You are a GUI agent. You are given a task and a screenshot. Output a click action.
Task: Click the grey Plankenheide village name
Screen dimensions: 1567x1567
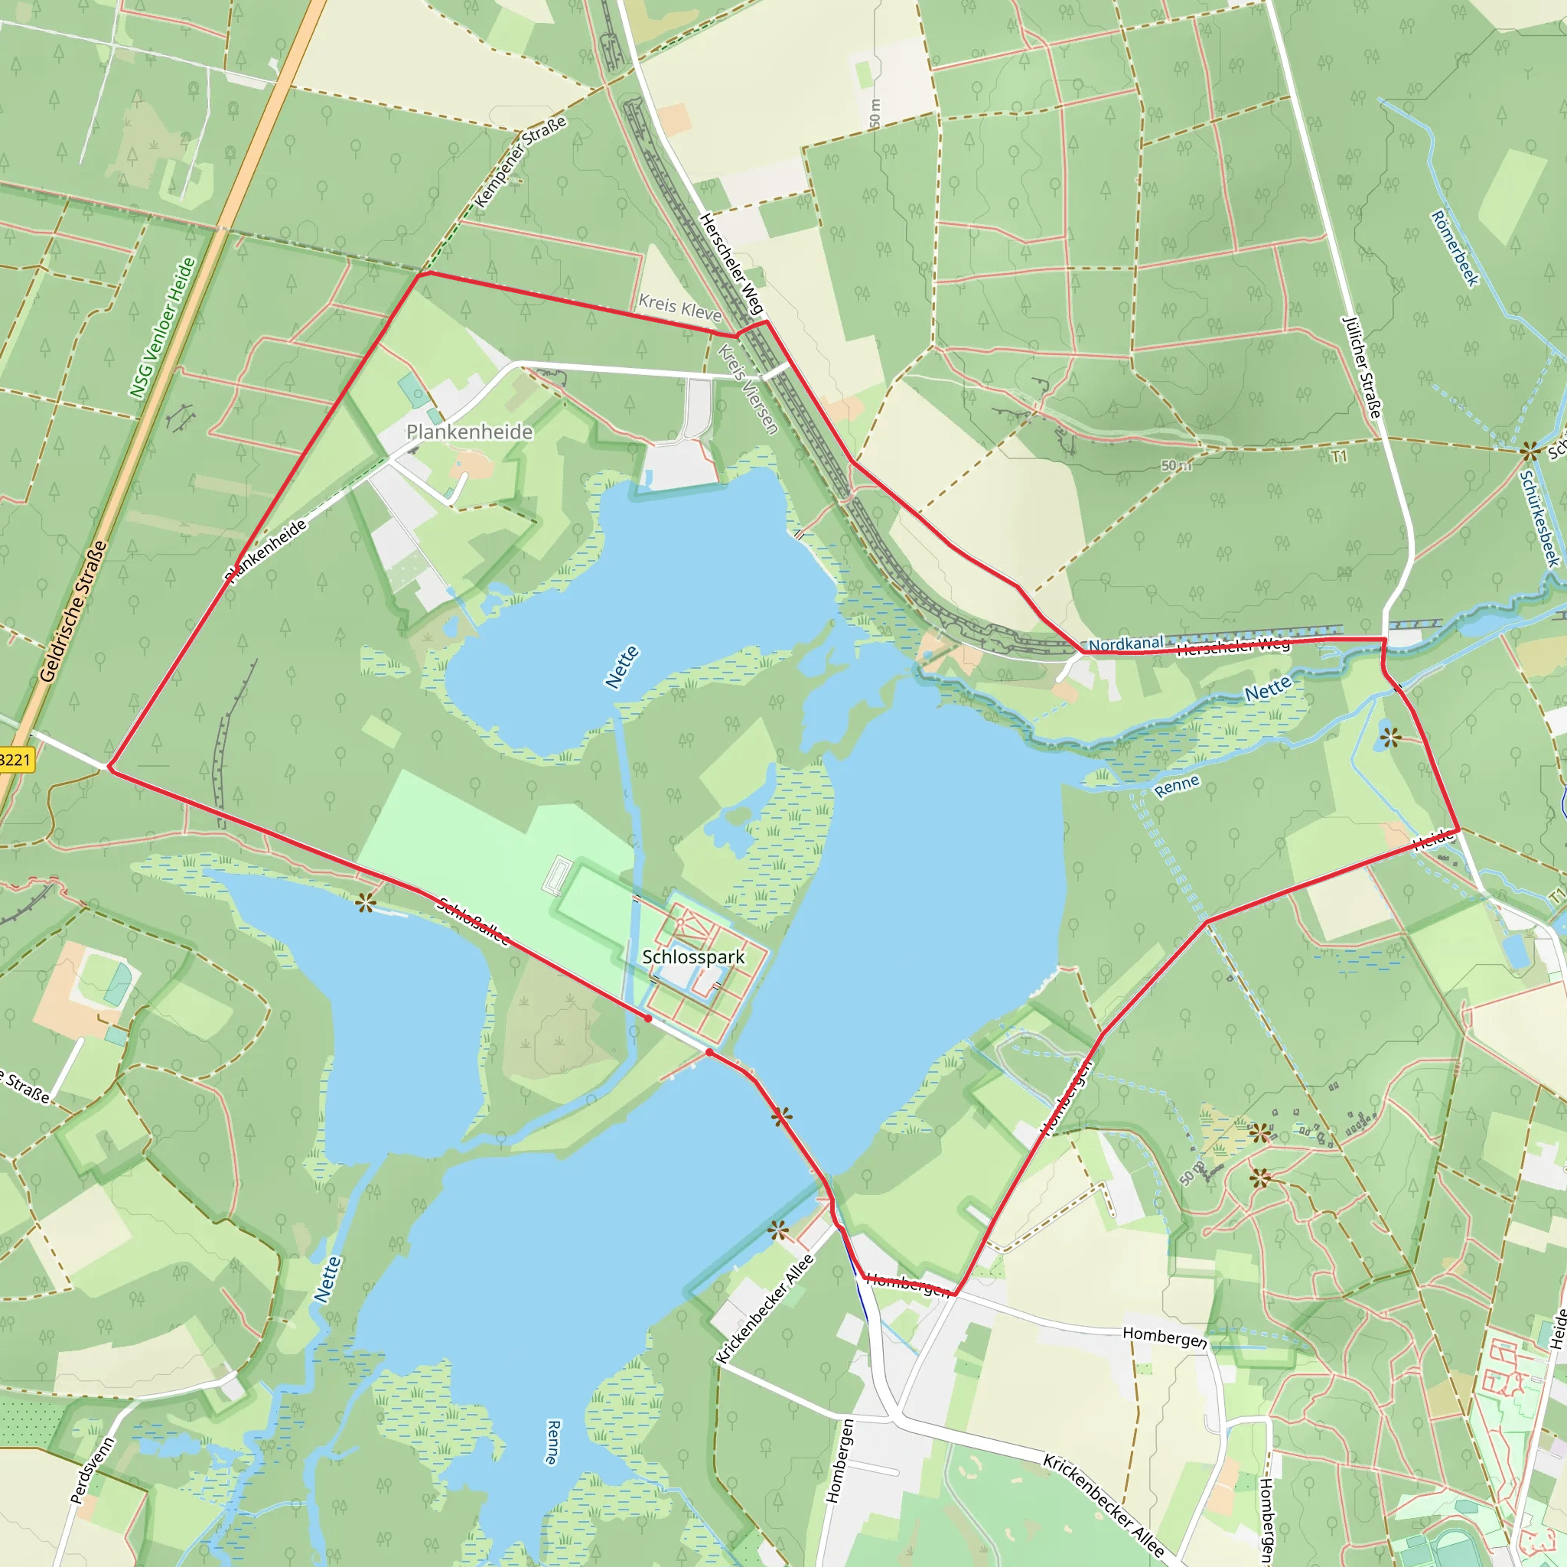pos(469,432)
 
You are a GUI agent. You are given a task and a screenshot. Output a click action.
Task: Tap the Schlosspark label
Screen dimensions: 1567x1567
pos(692,957)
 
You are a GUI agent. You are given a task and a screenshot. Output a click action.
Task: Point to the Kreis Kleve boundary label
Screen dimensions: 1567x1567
pos(679,308)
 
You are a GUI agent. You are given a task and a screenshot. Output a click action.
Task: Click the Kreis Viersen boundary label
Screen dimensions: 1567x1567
pos(748,389)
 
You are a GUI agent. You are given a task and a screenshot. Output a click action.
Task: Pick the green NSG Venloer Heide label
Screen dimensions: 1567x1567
pos(162,327)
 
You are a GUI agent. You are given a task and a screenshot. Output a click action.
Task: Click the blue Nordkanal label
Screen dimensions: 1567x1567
pos(1126,644)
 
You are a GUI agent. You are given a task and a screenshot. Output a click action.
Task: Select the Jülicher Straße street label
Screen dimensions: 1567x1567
pos(1362,367)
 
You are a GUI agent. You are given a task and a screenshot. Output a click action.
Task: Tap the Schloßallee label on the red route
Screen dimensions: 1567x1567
pos(473,921)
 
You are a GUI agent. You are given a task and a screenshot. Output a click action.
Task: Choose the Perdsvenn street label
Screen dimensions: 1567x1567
pos(93,1471)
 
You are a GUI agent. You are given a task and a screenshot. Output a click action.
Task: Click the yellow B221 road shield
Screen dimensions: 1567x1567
pos(15,760)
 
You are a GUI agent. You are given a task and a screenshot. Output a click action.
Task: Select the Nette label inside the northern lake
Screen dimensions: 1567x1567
pos(622,666)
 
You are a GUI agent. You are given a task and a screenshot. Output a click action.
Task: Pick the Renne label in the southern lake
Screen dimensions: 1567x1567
pos(553,1442)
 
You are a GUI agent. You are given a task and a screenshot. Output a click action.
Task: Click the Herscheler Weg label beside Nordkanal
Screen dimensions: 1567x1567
pos(1232,647)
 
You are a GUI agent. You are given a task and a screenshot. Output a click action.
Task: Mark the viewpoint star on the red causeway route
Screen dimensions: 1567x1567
pos(781,1117)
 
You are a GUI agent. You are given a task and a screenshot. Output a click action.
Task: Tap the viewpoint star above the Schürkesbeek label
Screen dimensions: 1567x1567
pos(1530,450)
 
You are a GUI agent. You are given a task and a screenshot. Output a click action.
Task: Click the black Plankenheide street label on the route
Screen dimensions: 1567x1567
pos(266,551)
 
